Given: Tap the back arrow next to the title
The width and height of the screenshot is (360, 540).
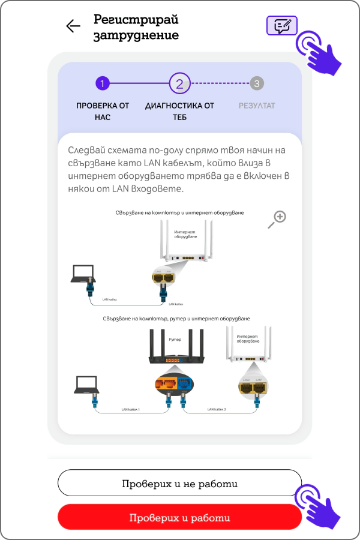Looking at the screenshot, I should (x=73, y=26).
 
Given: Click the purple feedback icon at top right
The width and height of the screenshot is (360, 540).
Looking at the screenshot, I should (x=282, y=26).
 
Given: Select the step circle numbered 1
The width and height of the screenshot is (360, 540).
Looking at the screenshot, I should (x=103, y=83).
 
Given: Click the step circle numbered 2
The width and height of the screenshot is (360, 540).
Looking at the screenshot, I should (x=179, y=83).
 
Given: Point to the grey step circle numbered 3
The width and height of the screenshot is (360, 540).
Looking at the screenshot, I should (x=257, y=83).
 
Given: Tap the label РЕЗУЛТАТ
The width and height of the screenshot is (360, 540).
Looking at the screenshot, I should (x=257, y=106).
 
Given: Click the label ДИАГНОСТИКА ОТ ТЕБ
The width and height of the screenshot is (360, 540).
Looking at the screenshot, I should (x=179, y=111).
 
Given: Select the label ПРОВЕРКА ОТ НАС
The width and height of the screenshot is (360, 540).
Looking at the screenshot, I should (x=103, y=111).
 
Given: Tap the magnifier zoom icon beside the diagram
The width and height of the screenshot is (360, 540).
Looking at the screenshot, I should (x=277, y=219).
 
